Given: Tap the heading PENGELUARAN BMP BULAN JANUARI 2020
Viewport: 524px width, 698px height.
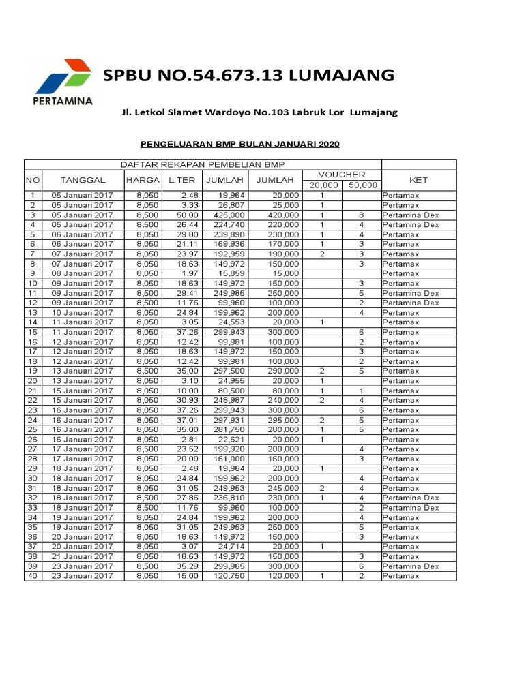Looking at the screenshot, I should click(x=239, y=144).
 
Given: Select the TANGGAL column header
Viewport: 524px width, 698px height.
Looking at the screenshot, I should click(x=83, y=180).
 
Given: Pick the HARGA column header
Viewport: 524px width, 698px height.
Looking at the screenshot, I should click(x=143, y=180).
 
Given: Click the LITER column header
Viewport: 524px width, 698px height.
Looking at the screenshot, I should click(x=182, y=180).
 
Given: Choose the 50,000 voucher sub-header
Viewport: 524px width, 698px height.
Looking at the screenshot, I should click(x=362, y=185).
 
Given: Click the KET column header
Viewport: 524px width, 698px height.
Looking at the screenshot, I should click(x=418, y=180).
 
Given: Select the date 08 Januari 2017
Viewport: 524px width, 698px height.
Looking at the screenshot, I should click(x=83, y=273).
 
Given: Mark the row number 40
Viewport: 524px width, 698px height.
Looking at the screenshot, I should click(x=32, y=576).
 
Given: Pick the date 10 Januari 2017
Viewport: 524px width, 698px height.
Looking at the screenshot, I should click(x=83, y=312).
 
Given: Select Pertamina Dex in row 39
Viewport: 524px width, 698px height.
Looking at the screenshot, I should click(x=410, y=566).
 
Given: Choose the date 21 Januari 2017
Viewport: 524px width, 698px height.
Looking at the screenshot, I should click(x=83, y=556).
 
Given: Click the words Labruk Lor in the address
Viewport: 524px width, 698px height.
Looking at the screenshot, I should click(x=318, y=112).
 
